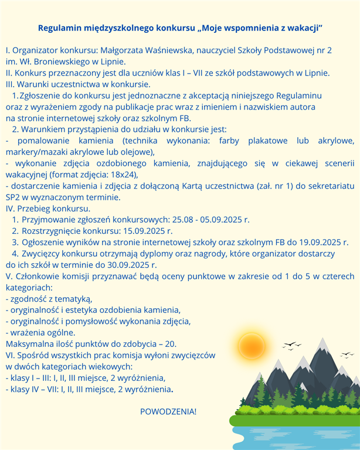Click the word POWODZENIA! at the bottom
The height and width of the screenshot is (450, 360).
(x=168, y=411)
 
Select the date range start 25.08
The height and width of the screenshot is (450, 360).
(x=182, y=219)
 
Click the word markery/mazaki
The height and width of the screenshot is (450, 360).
(x=33, y=152)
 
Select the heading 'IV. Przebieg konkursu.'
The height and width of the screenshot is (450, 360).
(x=48, y=208)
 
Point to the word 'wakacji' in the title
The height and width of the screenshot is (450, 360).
(x=306, y=28)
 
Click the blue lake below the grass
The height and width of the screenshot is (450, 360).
(x=293, y=437)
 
